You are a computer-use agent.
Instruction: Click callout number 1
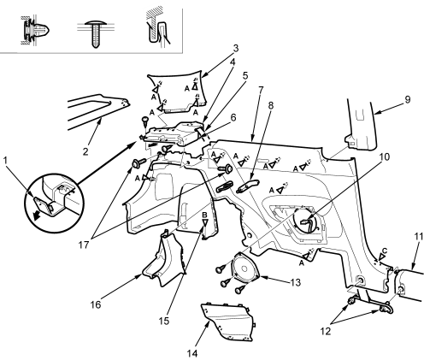pyautogui.click(x=5, y=161)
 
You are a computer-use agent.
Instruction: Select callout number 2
pyautogui.click(x=85, y=151)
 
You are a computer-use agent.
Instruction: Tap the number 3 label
pyautogui.click(x=235, y=49)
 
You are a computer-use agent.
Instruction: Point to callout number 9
pyautogui.click(x=408, y=99)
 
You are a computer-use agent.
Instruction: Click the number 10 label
pyautogui.click(x=385, y=156)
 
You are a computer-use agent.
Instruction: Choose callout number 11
pyautogui.click(x=418, y=237)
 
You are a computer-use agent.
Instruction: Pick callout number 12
pyautogui.click(x=326, y=331)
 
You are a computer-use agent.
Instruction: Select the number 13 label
pyautogui.click(x=296, y=282)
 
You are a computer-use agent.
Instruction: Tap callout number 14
pyautogui.click(x=192, y=353)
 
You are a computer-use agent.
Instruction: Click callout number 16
pyautogui.click(x=96, y=304)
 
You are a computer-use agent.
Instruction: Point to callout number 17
pyautogui.click(x=84, y=245)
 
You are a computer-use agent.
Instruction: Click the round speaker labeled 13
pyautogui.click(x=244, y=269)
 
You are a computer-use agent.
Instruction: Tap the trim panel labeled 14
pyautogui.click(x=228, y=322)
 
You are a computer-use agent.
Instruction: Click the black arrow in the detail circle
pyautogui.click(x=37, y=216)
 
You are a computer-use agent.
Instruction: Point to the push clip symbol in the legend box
pyautogui.click(x=36, y=29)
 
